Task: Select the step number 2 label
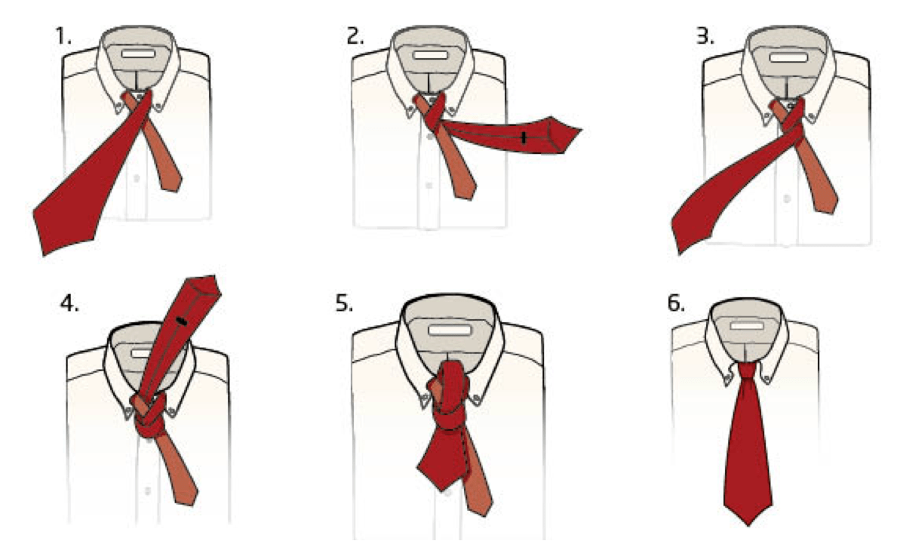coord(354,35)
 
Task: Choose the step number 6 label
coord(678,304)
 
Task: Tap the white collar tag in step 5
coord(448,330)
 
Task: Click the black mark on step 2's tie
coord(523,137)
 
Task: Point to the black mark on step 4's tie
coord(181,322)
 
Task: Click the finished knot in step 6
coord(745,372)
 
